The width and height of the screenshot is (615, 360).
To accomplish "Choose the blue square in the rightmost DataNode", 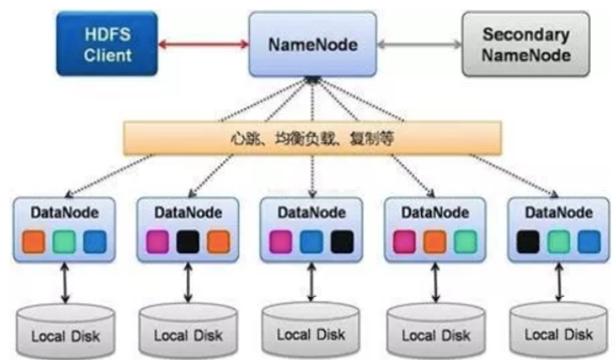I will [x=588, y=242].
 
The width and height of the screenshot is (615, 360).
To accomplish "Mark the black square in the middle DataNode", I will [x=341, y=242].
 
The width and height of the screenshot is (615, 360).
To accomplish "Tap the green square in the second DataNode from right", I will [x=465, y=242].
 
